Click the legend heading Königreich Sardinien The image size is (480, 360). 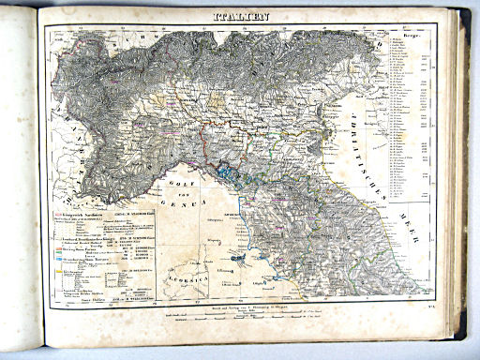[x=82, y=204]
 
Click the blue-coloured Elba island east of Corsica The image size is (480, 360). [x=241, y=255]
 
